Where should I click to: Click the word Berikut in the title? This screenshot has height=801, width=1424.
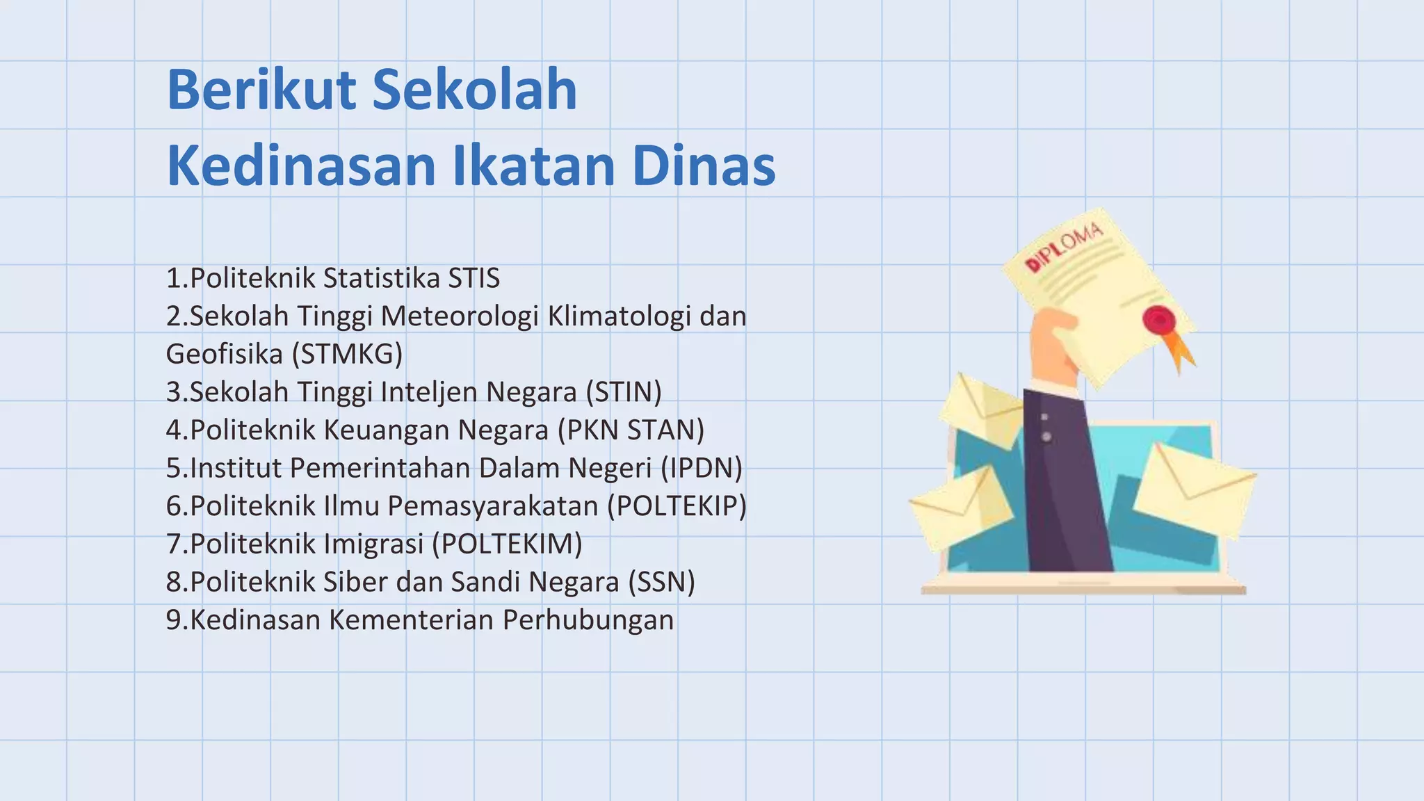click(263, 90)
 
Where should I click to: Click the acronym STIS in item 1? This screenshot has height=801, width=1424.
click(474, 278)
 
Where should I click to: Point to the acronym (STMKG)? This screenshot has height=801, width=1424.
click(347, 354)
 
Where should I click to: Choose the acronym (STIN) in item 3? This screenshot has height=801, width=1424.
click(623, 392)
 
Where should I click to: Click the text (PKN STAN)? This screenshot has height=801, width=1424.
click(631, 430)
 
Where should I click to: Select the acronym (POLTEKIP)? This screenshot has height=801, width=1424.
click(677, 505)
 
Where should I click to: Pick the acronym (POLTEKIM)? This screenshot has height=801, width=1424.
click(507, 544)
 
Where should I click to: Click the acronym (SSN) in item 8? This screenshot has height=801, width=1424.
click(661, 581)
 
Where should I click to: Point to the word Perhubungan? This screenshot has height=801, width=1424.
click(588, 620)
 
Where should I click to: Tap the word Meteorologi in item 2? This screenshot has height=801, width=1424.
click(460, 316)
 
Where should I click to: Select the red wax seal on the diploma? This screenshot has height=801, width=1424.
click(1159, 320)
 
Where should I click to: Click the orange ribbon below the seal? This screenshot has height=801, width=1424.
click(1181, 351)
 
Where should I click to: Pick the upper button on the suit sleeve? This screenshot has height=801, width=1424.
click(1044, 417)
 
